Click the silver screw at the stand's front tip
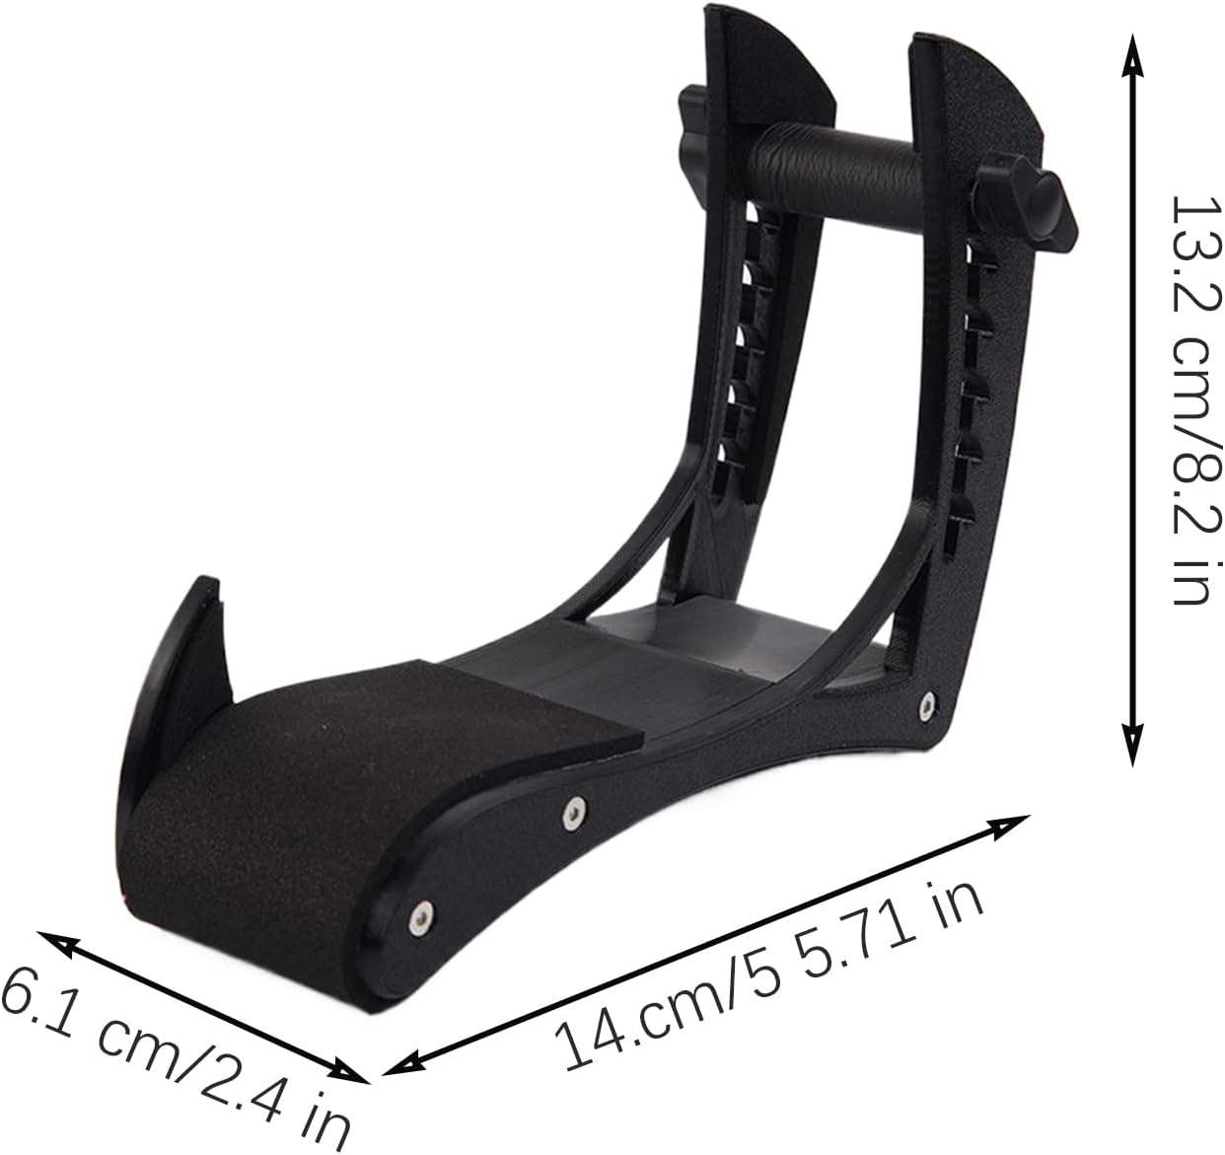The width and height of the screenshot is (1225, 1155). coord(422,913)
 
